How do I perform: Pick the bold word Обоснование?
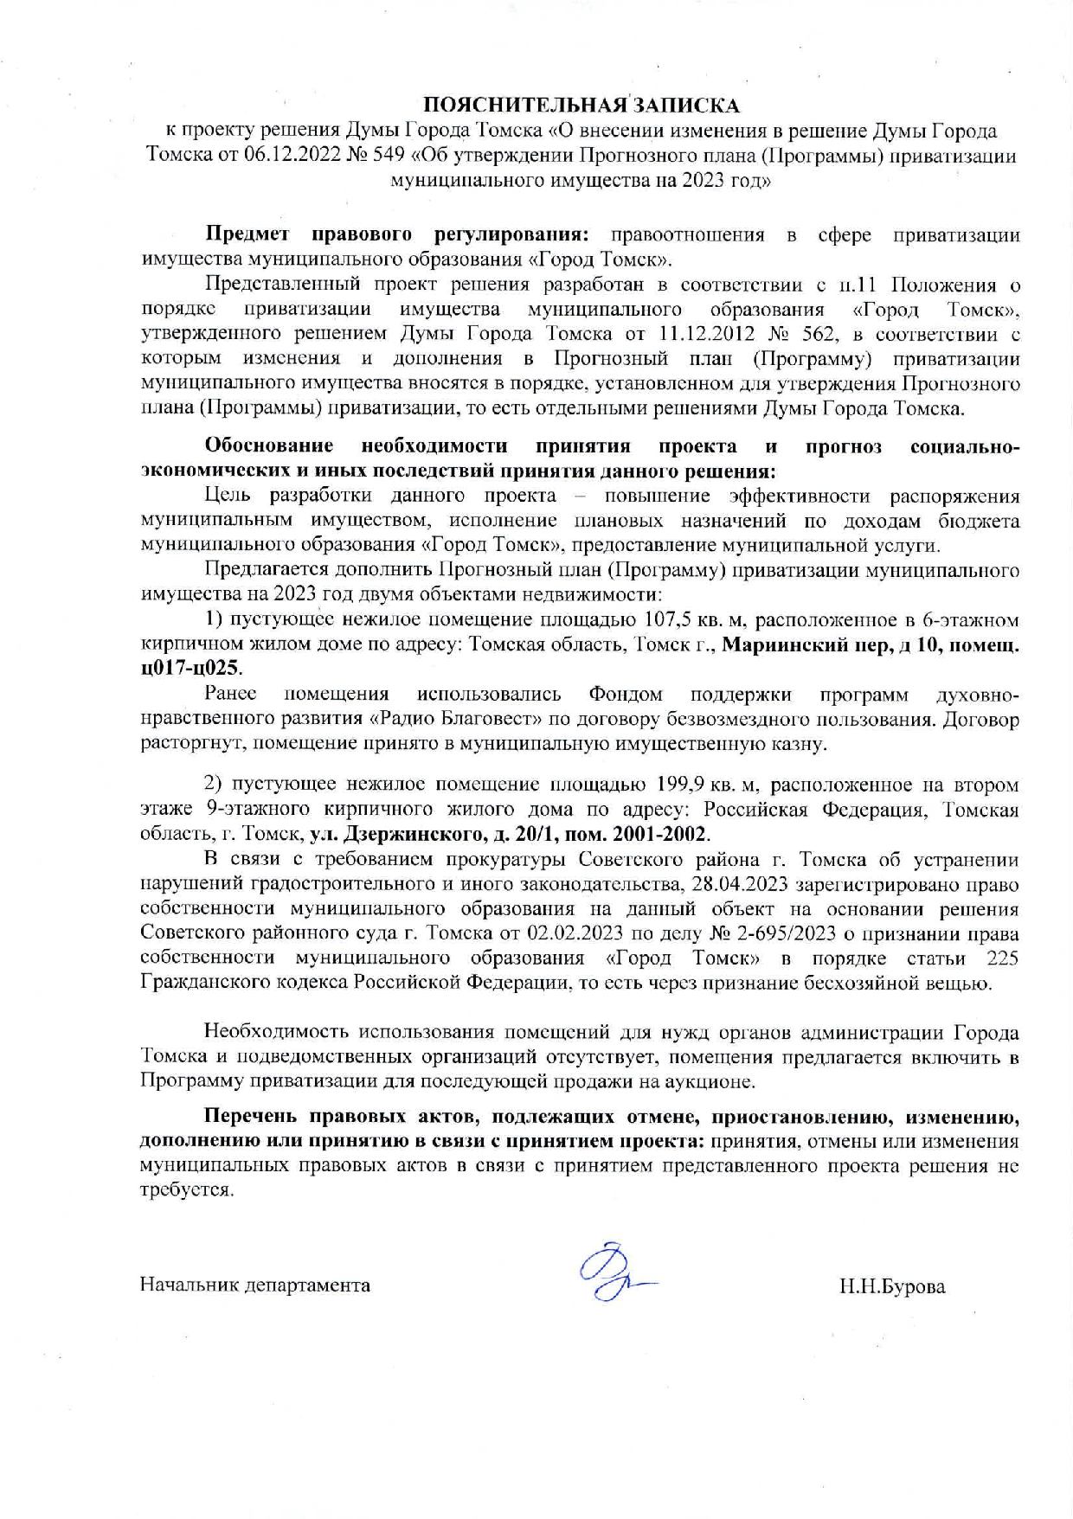click(269, 446)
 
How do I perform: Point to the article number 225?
click(1001, 958)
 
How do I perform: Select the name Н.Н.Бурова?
click(891, 1286)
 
